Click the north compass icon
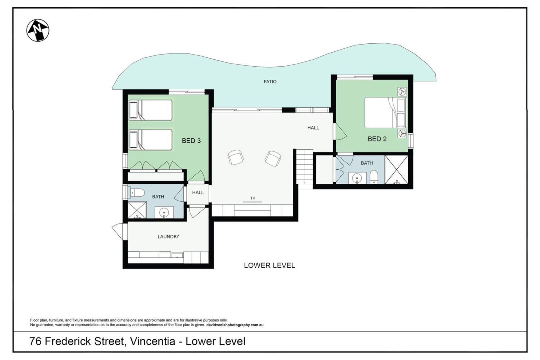(38, 30)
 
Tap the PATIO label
(270, 82)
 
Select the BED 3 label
(191, 141)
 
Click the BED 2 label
(377, 139)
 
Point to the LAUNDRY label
(168, 237)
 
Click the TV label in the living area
(253, 198)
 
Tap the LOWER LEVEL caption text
(269, 265)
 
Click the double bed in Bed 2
(385, 112)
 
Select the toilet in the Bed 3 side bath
(137, 193)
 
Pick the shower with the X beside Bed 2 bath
(396, 170)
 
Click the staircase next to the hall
(304, 166)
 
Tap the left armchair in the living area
(235, 157)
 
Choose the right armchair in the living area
(273, 159)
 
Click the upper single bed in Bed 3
(150, 110)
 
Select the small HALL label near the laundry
(198, 193)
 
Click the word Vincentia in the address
(152, 341)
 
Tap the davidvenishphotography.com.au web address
(235, 325)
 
